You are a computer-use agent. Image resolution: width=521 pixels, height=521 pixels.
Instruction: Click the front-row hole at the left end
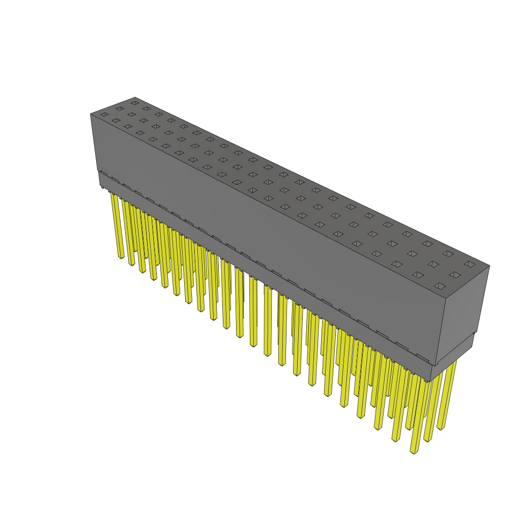point(104,114)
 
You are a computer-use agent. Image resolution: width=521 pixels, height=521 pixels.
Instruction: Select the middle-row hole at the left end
point(120,108)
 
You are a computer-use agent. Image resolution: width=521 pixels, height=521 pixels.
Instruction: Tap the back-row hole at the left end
point(134,103)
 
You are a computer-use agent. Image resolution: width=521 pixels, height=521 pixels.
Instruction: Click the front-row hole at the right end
point(440,286)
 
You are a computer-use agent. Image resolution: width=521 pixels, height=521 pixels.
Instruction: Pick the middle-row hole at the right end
point(455,275)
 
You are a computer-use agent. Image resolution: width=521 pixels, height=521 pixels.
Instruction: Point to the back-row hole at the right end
point(470,264)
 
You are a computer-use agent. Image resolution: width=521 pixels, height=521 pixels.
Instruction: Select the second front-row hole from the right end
point(418,275)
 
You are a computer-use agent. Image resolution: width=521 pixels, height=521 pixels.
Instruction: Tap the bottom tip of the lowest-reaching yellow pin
point(414,452)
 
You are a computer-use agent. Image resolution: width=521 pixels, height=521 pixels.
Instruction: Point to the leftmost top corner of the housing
point(91,114)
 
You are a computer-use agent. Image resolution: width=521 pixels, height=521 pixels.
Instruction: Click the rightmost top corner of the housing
point(489,266)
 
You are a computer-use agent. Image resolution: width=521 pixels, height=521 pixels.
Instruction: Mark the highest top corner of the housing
point(135,97)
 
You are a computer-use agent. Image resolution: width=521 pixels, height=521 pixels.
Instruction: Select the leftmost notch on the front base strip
point(105,176)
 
